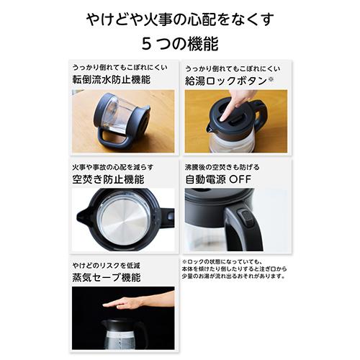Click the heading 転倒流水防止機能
pos(112,80)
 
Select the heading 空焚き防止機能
pos(104,179)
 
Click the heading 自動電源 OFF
pos(221,179)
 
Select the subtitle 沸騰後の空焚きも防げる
pos(220,166)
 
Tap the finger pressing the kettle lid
pos(229,108)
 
